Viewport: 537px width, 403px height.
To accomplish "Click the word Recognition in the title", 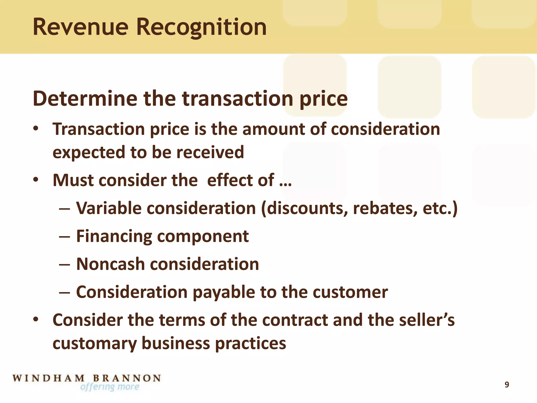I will point(201,27).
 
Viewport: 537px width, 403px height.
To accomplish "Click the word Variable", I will point(109,208).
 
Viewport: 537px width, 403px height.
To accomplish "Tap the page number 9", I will point(507,385).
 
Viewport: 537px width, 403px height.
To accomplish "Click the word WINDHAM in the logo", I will point(49,378).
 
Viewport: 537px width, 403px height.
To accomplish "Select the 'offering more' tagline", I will point(110,387).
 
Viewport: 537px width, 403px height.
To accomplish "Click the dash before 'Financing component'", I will point(65,237).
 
